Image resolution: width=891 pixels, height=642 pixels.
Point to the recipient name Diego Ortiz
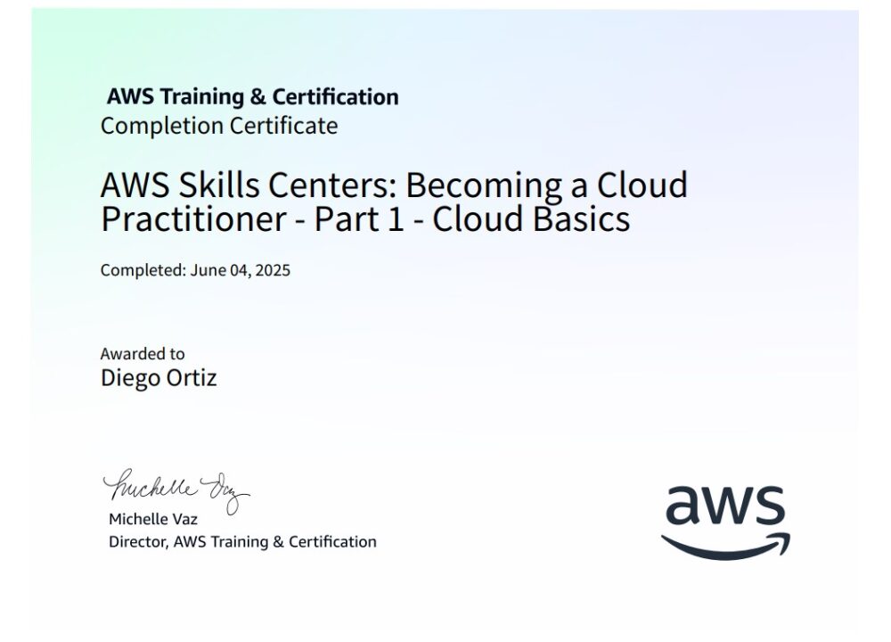coord(159,378)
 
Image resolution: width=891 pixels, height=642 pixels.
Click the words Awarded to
coord(143,354)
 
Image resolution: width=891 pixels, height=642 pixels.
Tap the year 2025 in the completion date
coord(273,270)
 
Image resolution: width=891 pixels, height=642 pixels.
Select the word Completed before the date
coord(141,270)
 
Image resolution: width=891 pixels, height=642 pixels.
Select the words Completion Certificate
coord(219,126)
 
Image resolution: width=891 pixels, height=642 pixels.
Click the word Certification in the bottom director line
coord(332,541)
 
